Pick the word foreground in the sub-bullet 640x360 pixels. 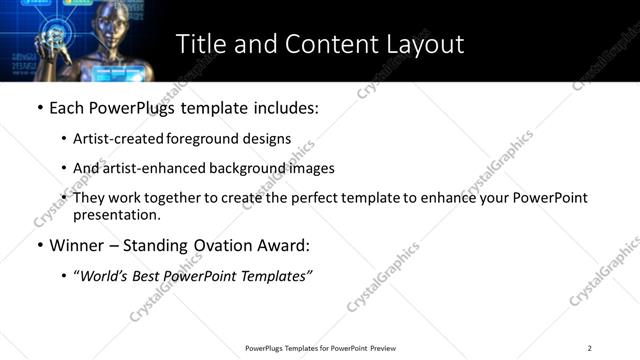coord(202,139)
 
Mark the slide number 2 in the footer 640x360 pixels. coord(590,348)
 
